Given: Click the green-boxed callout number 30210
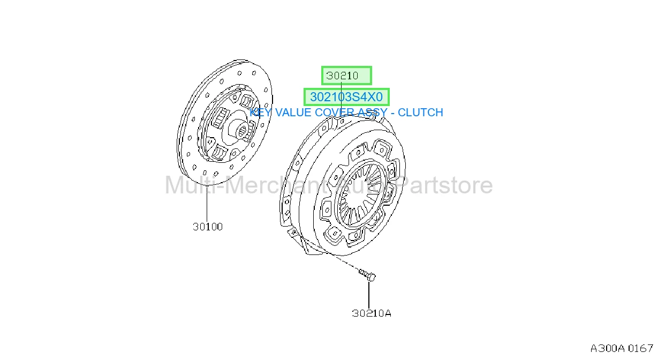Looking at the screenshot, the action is click(x=342, y=76).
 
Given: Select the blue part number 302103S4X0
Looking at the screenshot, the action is click(x=346, y=97).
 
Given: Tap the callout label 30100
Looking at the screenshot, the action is click(x=208, y=227).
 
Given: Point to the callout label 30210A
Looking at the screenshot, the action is click(x=372, y=313).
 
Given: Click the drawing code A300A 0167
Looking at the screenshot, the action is click(x=622, y=348).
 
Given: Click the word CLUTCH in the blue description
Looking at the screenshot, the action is click(x=420, y=112).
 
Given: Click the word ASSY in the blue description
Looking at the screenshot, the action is click(x=372, y=112).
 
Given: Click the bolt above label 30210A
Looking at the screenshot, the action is click(x=367, y=274).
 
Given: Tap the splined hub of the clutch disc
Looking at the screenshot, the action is click(x=241, y=130).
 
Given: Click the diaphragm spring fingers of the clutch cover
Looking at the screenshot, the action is click(x=361, y=194).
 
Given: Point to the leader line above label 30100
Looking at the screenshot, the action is click(x=207, y=204).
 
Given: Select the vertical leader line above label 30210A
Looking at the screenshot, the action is click(x=369, y=295).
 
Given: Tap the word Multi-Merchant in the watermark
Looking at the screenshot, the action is click(x=245, y=185).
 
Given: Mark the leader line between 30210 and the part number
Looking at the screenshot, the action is click(x=341, y=86).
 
